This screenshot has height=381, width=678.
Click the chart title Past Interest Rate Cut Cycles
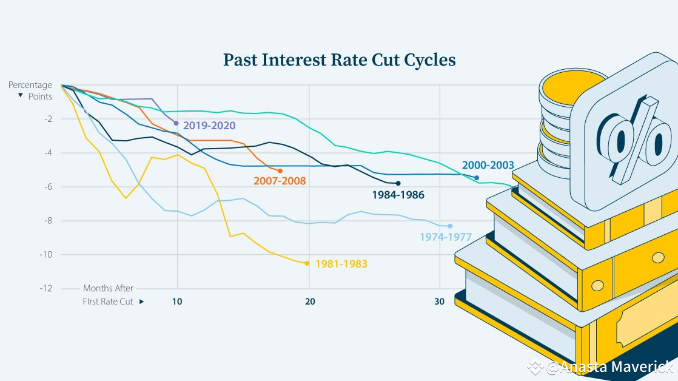click(x=339, y=60)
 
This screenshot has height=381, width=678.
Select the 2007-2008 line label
click(x=280, y=181)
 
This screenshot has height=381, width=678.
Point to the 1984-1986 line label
click(x=398, y=195)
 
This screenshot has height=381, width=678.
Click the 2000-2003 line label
click(x=488, y=165)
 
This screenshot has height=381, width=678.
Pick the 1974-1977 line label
click(x=446, y=237)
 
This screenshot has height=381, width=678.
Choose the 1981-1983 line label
click(x=341, y=264)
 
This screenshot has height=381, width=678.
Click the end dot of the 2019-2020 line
click(x=176, y=123)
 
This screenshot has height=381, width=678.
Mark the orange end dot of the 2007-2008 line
click(x=280, y=171)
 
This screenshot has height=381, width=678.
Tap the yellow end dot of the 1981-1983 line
click(x=307, y=263)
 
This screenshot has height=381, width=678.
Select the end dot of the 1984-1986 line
click(x=398, y=183)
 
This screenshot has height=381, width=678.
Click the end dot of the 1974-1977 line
click(x=450, y=226)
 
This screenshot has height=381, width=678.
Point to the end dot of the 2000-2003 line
click(x=477, y=178)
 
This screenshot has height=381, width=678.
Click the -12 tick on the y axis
click(x=45, y=288)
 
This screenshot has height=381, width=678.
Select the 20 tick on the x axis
click(x=310, y=302)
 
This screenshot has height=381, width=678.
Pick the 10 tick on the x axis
click(x=178, y=302)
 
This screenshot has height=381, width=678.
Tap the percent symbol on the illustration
click(x=629, y=143)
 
